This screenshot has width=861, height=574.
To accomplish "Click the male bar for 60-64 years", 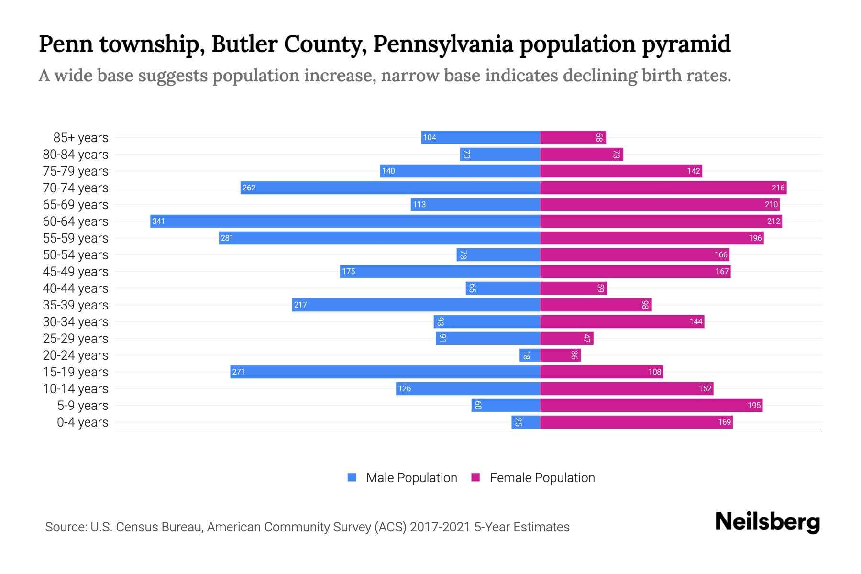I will [x=344, y=221].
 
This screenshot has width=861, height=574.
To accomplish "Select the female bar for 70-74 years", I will [x=663, y=188].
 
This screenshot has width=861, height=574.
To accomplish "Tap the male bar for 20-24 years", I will [x=530, y=355].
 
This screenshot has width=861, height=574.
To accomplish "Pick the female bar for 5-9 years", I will [x=651, y=405].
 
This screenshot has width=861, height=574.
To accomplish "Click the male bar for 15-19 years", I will [x=385, y=372].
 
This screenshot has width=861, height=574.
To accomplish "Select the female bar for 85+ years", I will [x=573, y=137].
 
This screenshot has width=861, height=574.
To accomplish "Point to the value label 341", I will [x=158, y=221].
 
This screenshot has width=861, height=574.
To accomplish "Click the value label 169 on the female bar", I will [x=724, y=422].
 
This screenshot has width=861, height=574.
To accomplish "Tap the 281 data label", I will [x=227, y=238].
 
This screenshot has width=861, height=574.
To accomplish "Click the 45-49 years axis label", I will [x=76, y=271].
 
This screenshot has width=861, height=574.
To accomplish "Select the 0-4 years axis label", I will [x=82, y=422].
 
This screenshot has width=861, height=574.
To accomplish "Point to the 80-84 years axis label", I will [x=76, y=154].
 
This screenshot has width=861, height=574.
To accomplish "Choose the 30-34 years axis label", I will [x=76, y=321].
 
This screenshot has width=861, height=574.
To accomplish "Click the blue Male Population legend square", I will [x=352, y=477].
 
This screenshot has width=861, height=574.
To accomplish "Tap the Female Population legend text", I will [x=542, y=477].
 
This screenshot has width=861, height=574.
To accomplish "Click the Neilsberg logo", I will [x=767, y=521].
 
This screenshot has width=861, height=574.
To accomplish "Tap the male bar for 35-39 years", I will [x=416, y=305].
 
